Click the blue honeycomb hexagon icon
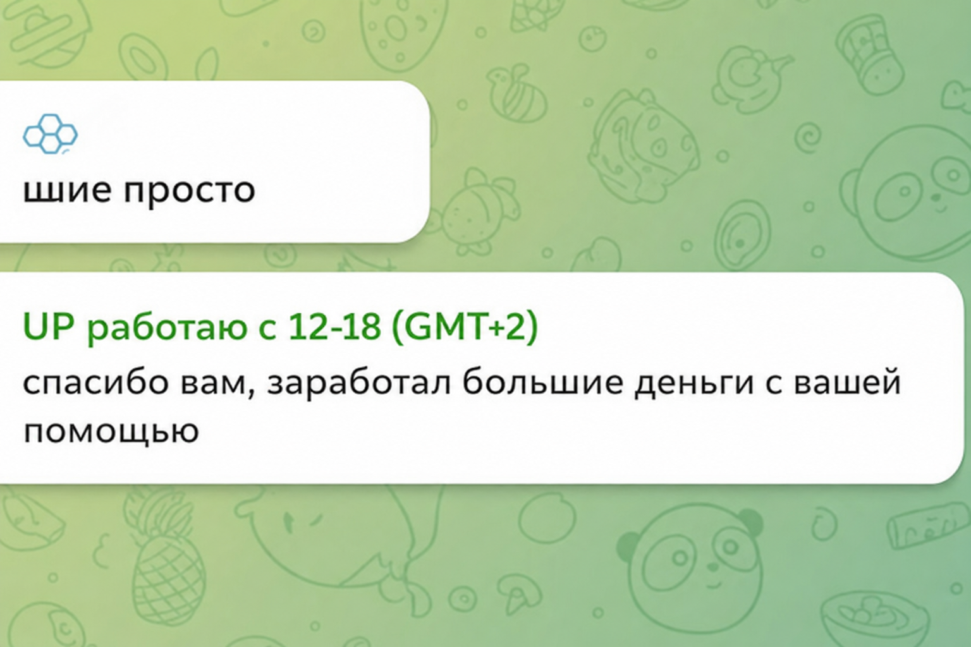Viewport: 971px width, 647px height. pyautogui.click(x=51, y=134)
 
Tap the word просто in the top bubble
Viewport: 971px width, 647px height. pyautogui.click(x=190, y=191)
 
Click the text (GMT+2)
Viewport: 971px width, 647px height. pyautogui.click(x=464, y=327)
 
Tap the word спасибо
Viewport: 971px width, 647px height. pyautogui.click(x=95, y=383)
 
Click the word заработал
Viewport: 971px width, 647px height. pyautogui.click(x=359, y=383)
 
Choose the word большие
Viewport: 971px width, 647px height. pyautogui.click(x=542, y=382)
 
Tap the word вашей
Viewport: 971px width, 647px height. pyautogui.click(x=848, y=382)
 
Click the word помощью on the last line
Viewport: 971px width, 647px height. pyautogui.click(x=111, y=432)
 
